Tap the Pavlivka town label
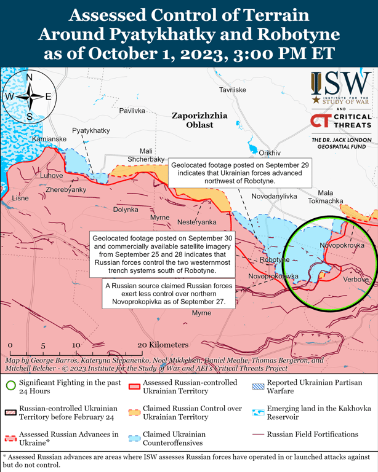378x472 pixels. tap(132, 111)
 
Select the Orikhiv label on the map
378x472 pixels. tap(270, 152)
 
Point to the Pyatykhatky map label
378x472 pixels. tap(91, 130)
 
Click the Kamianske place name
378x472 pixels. tap(49, 139)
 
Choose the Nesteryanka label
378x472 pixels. tap(196, 221)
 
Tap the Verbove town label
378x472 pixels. tap(355, 280)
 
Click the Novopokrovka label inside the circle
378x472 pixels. tap(342, 245)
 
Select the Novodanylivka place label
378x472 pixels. tap(274, 196)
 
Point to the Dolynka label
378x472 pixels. tap(126, 210)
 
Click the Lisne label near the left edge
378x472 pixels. tap(20, 198)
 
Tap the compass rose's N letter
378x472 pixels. tap(29, 77)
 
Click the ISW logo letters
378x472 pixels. tap(340, 81)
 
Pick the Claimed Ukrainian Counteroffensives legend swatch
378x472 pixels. tap(134, 438)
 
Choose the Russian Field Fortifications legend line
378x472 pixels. tap(256, 434)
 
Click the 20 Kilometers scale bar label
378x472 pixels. tap(163, 345)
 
